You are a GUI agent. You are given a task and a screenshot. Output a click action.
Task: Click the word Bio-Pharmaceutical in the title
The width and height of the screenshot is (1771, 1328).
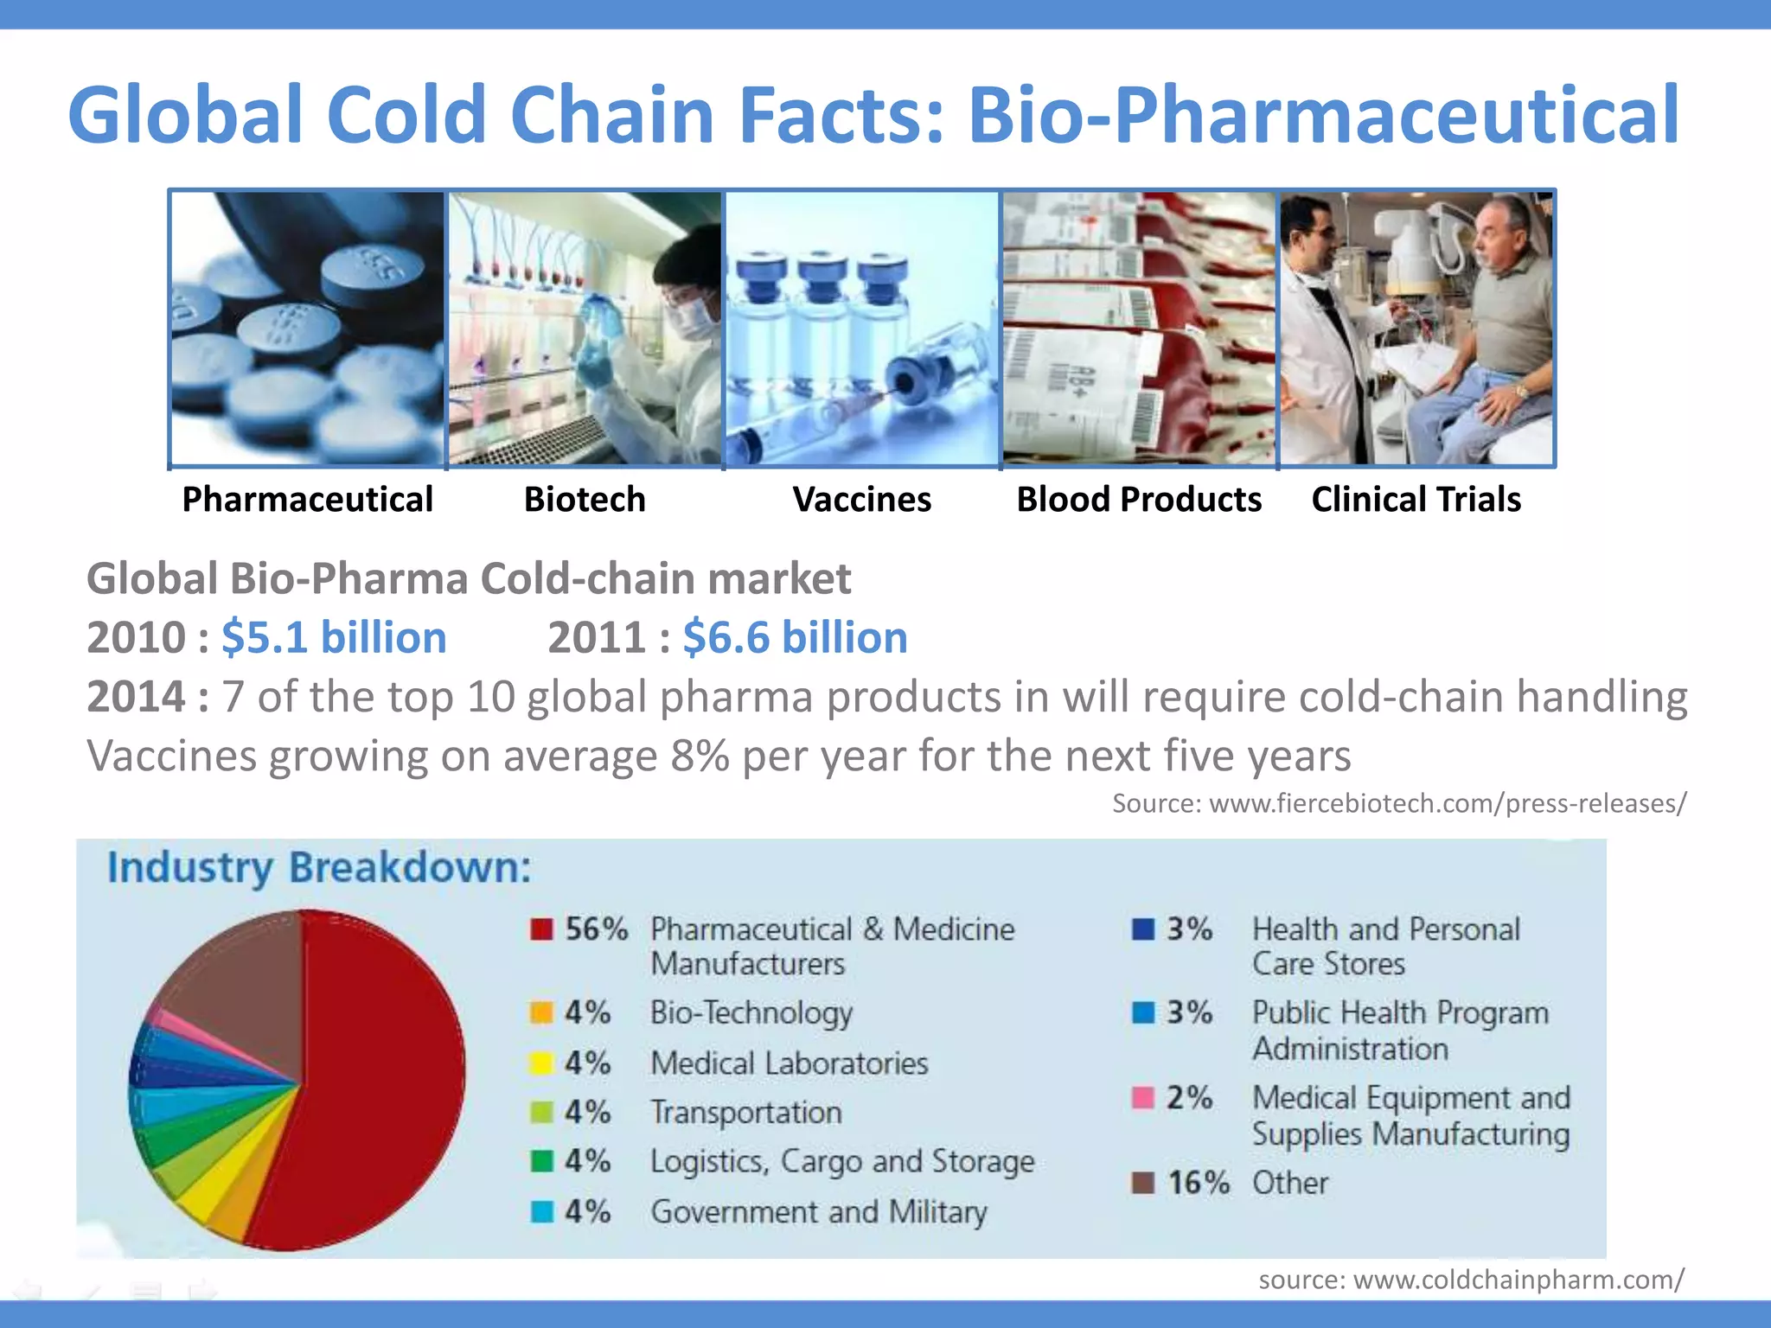(1323, 115)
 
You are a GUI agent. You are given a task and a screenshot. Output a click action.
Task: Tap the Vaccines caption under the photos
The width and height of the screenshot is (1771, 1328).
(861, 500)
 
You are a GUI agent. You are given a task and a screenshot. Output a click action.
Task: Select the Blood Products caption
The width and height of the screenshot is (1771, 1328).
(1139, 500)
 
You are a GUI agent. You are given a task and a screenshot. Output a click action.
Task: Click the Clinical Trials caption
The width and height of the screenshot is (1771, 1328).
(1416, 500)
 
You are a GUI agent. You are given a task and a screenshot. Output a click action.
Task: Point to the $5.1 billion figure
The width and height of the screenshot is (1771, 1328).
(334, 638)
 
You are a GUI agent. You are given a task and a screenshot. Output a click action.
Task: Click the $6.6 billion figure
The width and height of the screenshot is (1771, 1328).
(795, 638)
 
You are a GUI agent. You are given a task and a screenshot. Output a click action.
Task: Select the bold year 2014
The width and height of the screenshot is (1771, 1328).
(137, 697)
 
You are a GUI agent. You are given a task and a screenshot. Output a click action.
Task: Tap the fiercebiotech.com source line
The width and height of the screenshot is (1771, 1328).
(1398, 803)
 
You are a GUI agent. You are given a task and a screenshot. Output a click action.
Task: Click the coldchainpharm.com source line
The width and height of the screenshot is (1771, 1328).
(1470, 1280)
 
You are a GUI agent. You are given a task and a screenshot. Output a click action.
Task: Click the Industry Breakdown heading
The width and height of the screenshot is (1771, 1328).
(319, 867)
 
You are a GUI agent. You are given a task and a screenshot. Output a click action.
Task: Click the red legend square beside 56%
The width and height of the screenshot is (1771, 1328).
(541, 929)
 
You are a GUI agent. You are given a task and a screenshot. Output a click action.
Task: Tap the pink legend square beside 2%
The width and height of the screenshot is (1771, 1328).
(1143, 1098)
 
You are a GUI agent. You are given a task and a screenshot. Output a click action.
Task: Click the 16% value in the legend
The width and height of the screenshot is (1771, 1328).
(1198, 1183)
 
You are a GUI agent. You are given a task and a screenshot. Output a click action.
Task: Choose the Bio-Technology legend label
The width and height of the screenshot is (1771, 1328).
(751, 1012)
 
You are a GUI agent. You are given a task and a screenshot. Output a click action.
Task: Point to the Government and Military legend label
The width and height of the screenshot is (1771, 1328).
(818, 1212)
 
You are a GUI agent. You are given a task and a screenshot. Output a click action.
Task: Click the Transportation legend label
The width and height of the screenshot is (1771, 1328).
(745, 1112)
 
